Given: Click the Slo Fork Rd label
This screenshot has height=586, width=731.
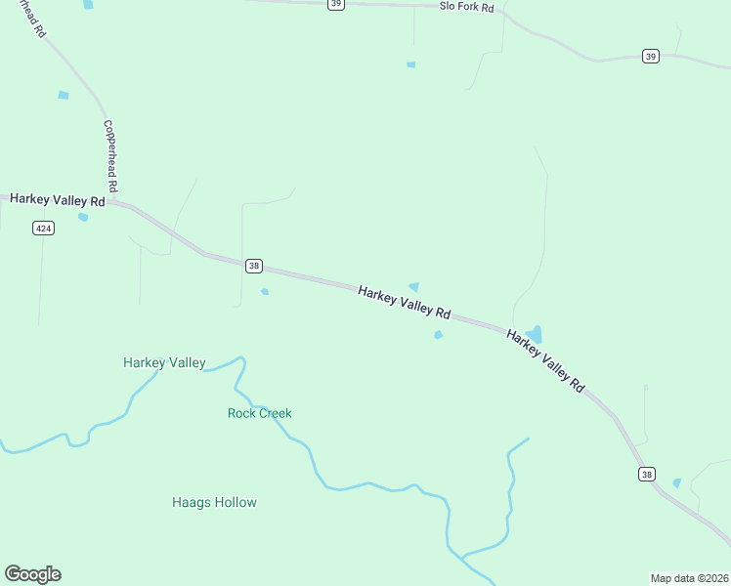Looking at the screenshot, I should tap(466, 7).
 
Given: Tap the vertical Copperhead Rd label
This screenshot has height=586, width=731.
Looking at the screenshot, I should tap(111, 156).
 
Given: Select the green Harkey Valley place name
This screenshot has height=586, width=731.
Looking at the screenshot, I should tap(164, 363).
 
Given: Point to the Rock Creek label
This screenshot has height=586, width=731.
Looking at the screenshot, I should tap(260, 413).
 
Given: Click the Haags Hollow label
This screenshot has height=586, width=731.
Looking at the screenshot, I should tap(214, 503).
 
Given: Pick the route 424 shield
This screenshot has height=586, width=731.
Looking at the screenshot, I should tap(43, 228).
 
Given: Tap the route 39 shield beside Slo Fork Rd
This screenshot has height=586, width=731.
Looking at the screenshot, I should tap(336, 4).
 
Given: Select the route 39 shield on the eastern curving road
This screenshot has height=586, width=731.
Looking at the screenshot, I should tap(651, 57).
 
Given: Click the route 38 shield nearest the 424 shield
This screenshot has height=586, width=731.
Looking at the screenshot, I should tap(254, 266).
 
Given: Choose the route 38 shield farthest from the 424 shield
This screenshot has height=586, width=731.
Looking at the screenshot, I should tap(646, 475).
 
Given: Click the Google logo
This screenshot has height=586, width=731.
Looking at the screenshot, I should tap(32, 574).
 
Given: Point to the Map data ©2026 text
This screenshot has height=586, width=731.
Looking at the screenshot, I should tap(690, 578).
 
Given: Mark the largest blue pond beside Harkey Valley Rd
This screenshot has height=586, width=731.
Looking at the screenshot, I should tap(534, 335).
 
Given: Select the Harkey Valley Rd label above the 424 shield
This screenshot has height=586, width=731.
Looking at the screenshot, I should tap(57, 200).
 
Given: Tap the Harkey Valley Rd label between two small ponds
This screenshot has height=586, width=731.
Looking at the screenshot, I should tap(404, 303).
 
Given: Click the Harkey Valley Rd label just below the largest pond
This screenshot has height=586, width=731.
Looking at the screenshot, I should tap(544, 360).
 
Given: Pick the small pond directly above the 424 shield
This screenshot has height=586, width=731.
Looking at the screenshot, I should tap(83, 217).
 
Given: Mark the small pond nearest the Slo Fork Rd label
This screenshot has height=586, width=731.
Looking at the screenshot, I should tap(410, 64).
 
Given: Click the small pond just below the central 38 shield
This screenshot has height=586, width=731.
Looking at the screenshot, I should tap(265, 291).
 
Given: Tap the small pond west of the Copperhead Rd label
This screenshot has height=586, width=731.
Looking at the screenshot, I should tap(64, 95).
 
